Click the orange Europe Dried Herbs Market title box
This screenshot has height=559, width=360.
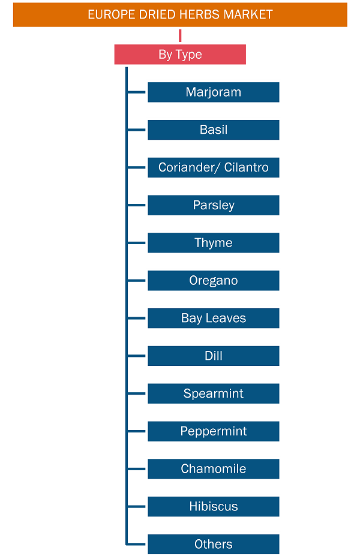tap(180, 14)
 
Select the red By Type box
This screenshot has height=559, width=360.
tap(180, 54)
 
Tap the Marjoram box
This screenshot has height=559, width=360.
tap(214, 92)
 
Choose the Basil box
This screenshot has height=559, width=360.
tap(214, 130)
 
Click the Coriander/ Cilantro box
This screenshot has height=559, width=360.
tap(214, 167)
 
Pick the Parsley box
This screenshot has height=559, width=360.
tap(214, 205)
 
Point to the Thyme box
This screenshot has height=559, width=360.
tap(214, 243)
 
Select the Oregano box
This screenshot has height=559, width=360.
tap(214, 281)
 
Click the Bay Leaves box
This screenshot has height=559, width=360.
tap(214, 318)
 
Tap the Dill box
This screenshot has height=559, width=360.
tap(214, 356)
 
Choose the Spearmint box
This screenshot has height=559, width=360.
tap(214, 393)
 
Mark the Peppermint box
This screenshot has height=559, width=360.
tap(214, 431)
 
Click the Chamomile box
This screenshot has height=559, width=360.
tap(214, 469)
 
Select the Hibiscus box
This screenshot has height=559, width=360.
tap(214, 507)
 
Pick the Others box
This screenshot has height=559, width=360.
tap(214, 545)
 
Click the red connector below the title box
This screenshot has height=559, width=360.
tap(180, 35)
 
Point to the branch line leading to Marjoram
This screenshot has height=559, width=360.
tap(136, 92)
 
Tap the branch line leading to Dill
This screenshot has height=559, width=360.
tap(136, 356)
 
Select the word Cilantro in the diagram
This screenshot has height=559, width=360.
tap(246, 167)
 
